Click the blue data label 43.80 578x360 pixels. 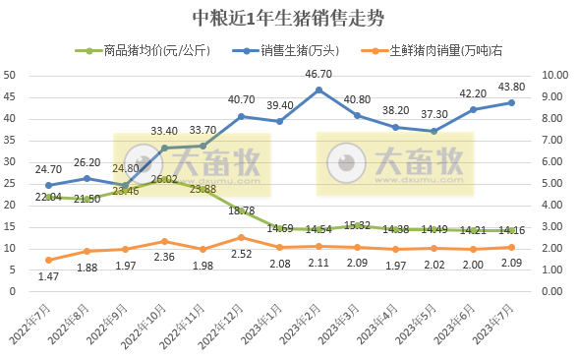tap(510, 86)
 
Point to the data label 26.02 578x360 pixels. tap(164, 179)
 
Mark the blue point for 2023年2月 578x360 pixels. tap(318, 90)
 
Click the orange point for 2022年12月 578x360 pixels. tap(241, 237)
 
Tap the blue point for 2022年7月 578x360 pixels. tap(48, 185)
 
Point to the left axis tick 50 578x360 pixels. tap(9, 75)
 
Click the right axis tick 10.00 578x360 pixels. tap(555, 75)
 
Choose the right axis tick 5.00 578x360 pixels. tap(555, 183)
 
